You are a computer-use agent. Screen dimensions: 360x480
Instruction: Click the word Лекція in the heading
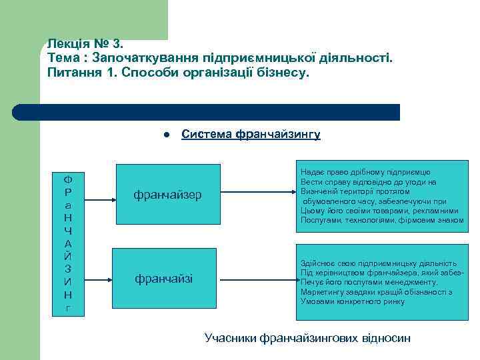tap(68, 44)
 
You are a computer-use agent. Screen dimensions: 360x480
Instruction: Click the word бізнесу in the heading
tap(285, 71)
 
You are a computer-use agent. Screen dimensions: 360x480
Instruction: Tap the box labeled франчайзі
tap(164, 279)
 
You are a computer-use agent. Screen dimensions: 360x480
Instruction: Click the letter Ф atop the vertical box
tap(69, 179)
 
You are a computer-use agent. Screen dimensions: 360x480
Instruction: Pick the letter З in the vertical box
tap(69, 269)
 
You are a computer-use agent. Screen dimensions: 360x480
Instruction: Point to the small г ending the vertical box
tap(69, 307)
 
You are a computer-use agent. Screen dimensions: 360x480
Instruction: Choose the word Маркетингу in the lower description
tap(321, 292)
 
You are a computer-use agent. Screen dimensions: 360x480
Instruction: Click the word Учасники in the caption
tap(231, 338)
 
